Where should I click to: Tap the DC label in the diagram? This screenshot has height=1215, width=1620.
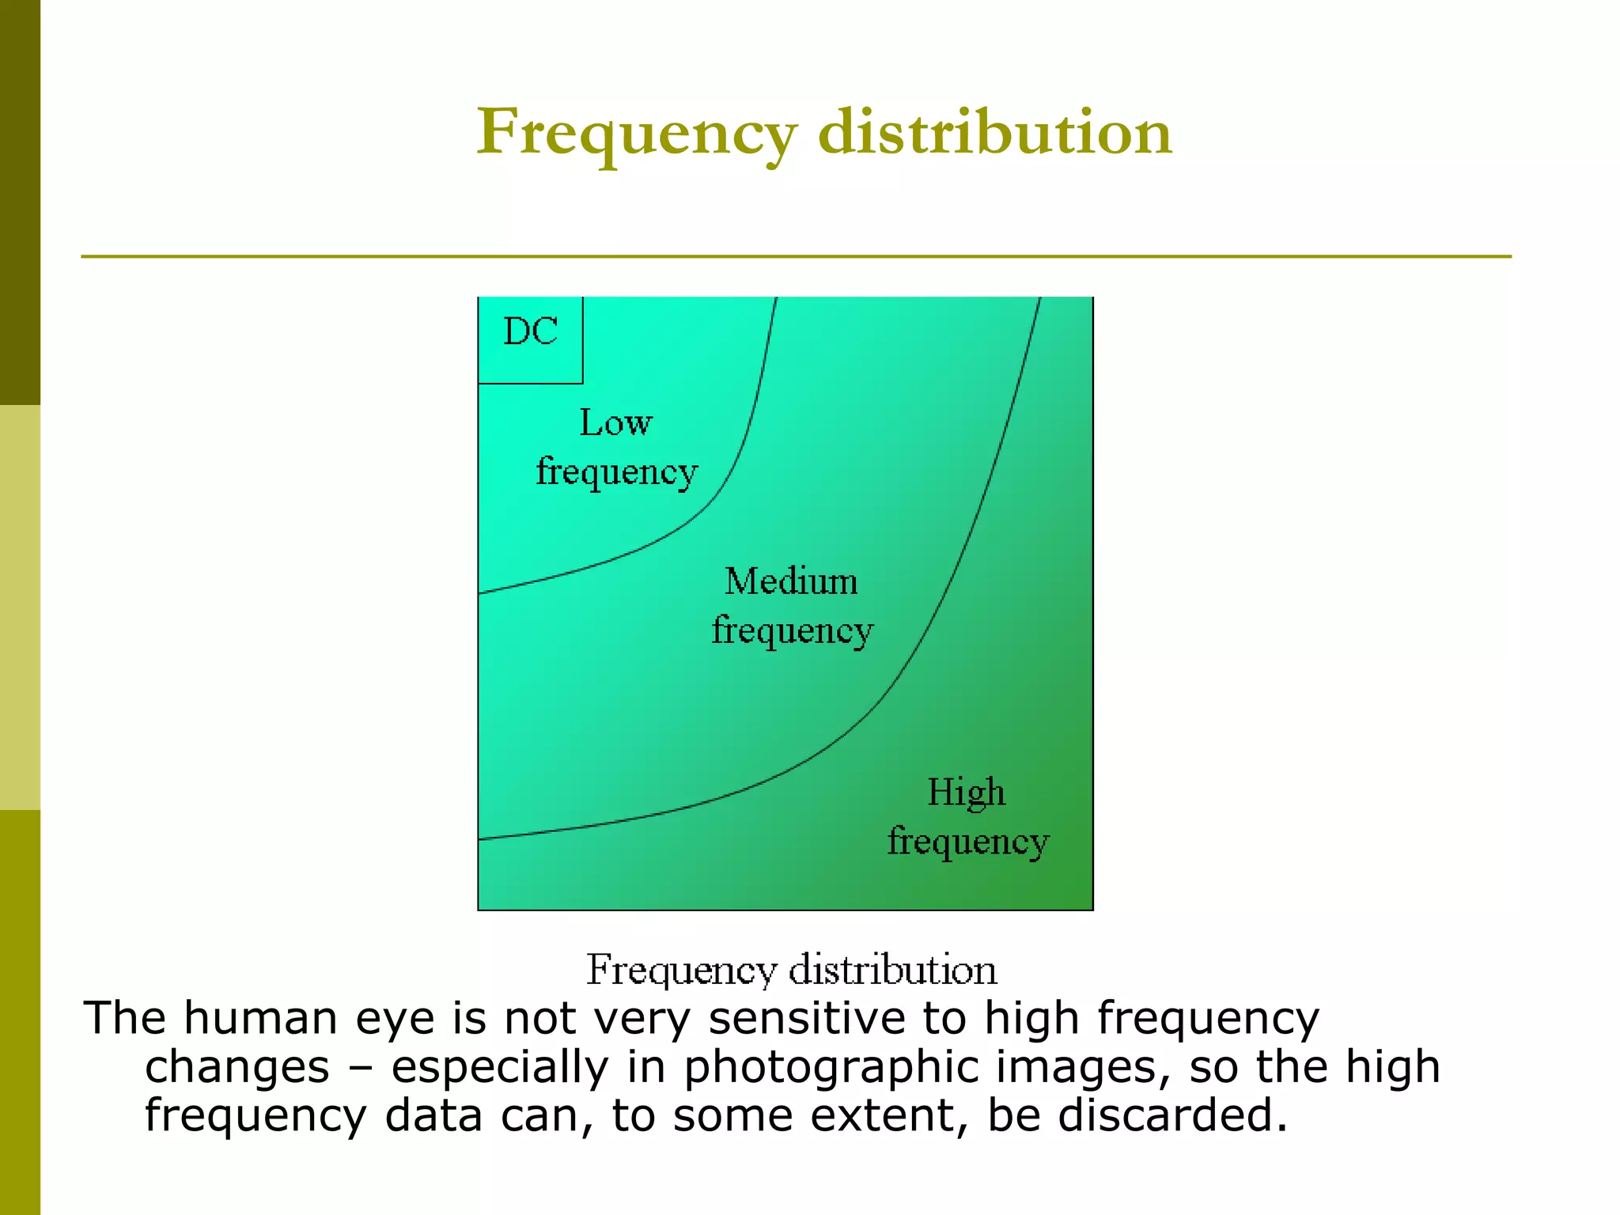click(531, 331)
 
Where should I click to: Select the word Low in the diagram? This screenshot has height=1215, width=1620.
click(616, 422)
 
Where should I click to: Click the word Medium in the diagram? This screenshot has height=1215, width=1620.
click(791, 581)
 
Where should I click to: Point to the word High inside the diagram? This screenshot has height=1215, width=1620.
click(966, 792)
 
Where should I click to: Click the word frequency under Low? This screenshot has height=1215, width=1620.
click(617, 472)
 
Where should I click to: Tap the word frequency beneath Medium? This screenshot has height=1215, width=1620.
click(792, 631)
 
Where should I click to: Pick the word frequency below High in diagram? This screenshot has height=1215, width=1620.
click(968, 842)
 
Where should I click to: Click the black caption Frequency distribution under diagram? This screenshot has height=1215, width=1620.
click(791, 970)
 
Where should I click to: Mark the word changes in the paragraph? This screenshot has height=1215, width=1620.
click(237, 1068)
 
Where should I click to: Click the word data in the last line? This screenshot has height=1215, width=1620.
click(433, 1115)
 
